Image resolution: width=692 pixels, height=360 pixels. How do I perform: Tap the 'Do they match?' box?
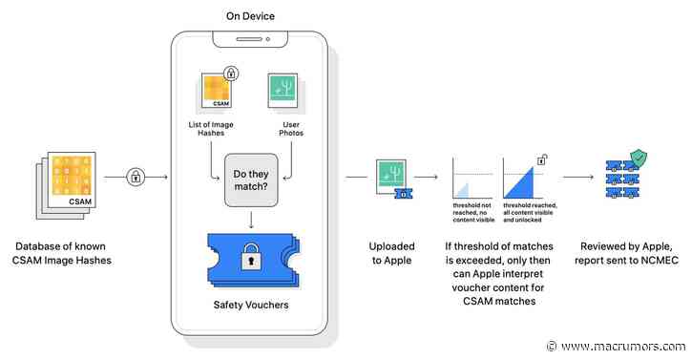251,180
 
